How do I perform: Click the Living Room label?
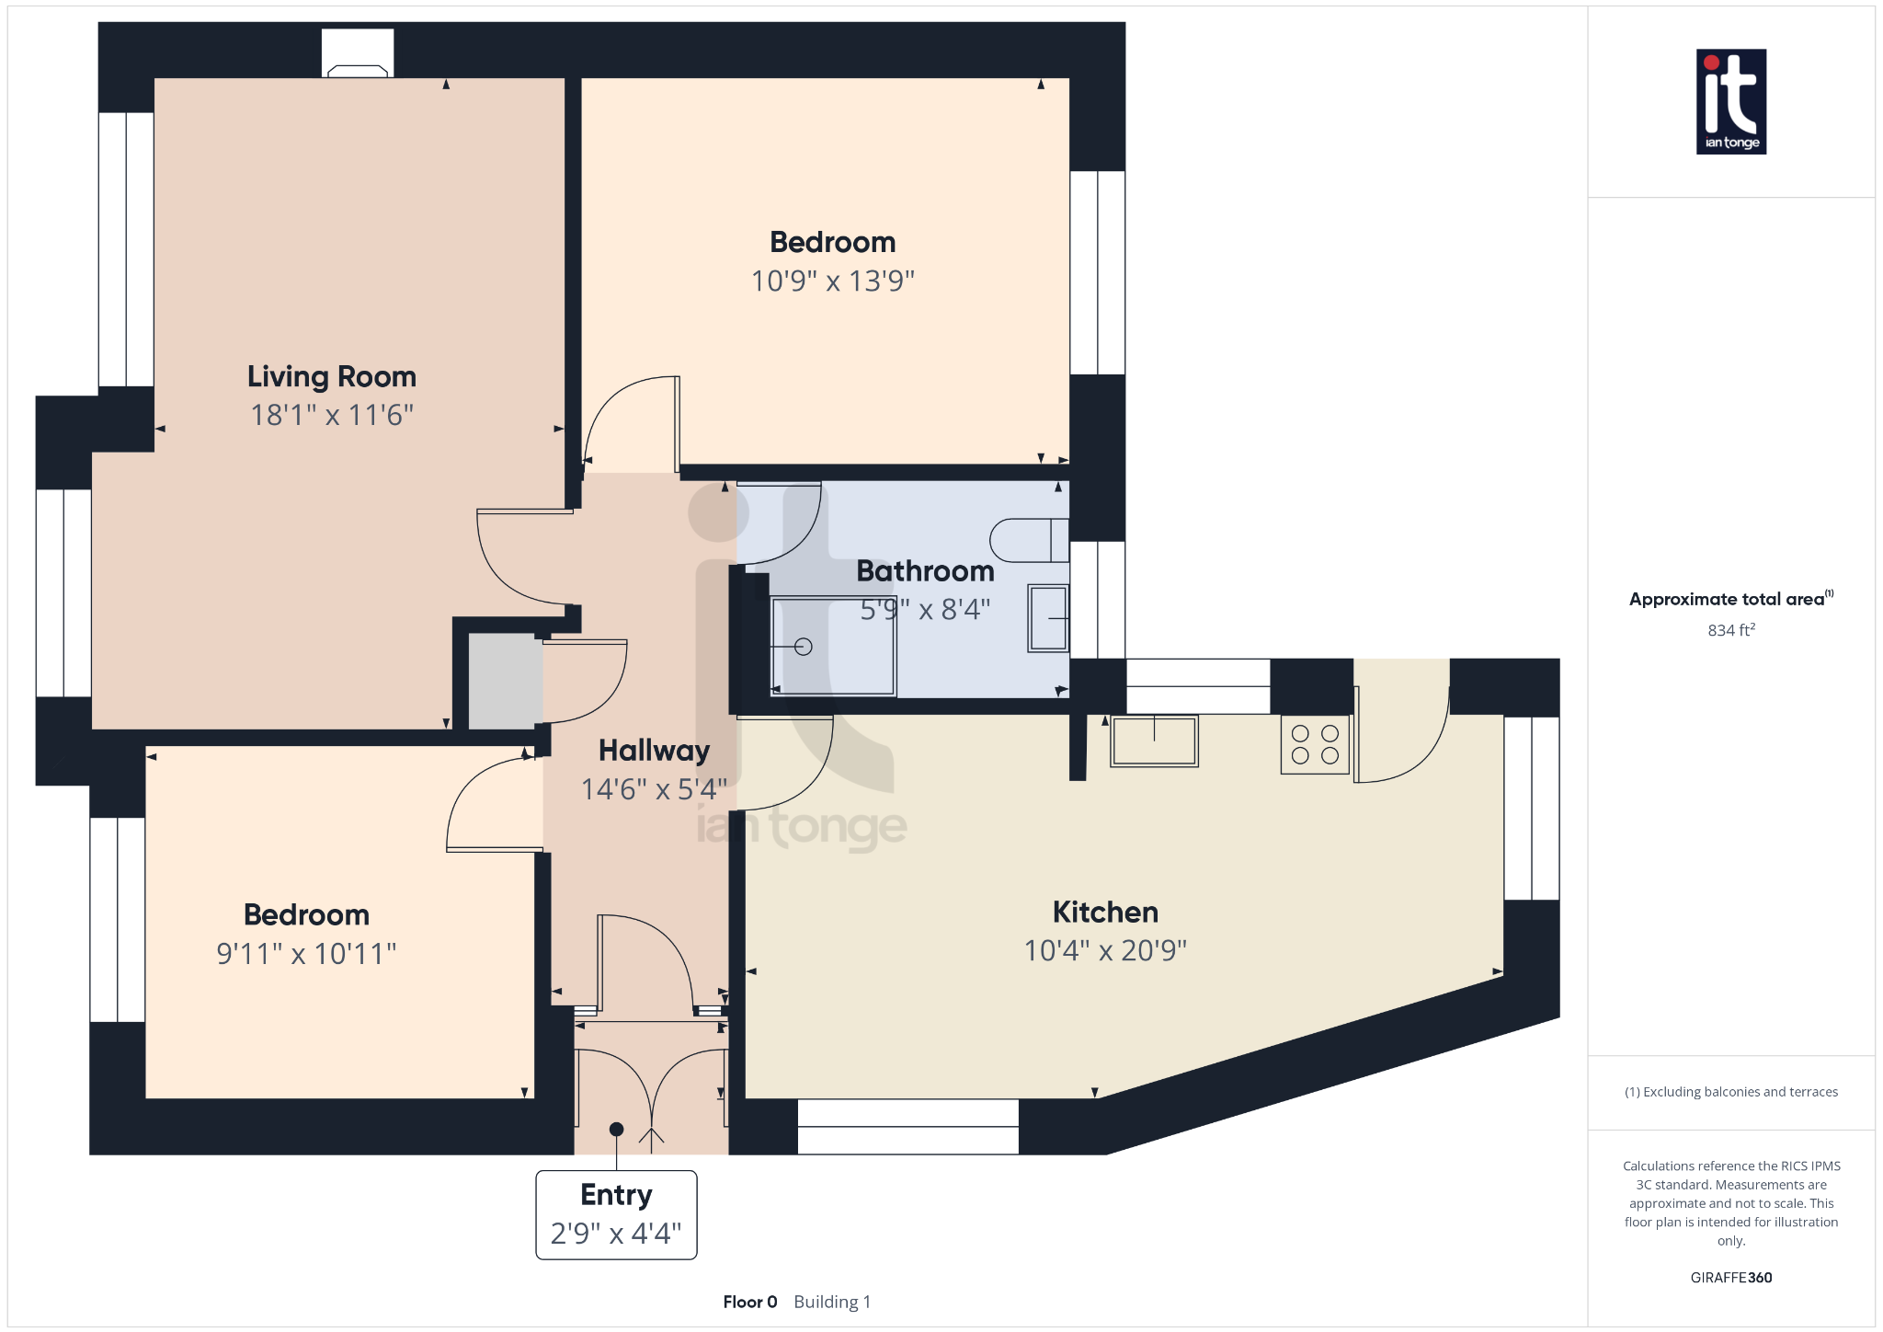pyautogui.click(x=331, y=376)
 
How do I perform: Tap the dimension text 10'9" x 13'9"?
pyautogui.click(x=832, y=281)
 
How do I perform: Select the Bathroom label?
pyautogui.click(x=925, y=571)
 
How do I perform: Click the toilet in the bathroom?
pyautogui.click(x=1028, y=540)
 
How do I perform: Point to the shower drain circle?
pyautogui.click(x=804, y=647)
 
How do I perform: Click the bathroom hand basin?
pyautogui.click(x=1048, y=618)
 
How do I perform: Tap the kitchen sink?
pyautogui.click(x=1154, y=741)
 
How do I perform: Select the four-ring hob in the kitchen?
pyautogui.click(x=1315, y=744)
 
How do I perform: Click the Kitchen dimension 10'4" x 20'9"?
pyautogui.click(x=1105, y=950)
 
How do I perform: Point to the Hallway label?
pyautogui.click(x=654, y=751)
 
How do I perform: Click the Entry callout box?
pyautogui.click(x=616, y=1214)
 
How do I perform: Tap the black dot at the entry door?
pyautogui.click(x=616, y=1129)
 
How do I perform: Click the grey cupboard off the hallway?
pyautogui.click(x=502, y=682)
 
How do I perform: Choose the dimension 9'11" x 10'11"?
pyautogui.click(x=306, y=954)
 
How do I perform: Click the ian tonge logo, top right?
pyautogui.click(x=1730, y=101)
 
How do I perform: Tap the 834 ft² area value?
pyautogui.click(x=1730, y=630)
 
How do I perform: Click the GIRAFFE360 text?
pyautogui.click(x=1730, y=1278)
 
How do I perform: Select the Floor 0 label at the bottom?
pyautogui.click(x=749, y=1302)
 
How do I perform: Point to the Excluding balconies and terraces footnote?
pyautogui.click(x=1730, y=1092)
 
